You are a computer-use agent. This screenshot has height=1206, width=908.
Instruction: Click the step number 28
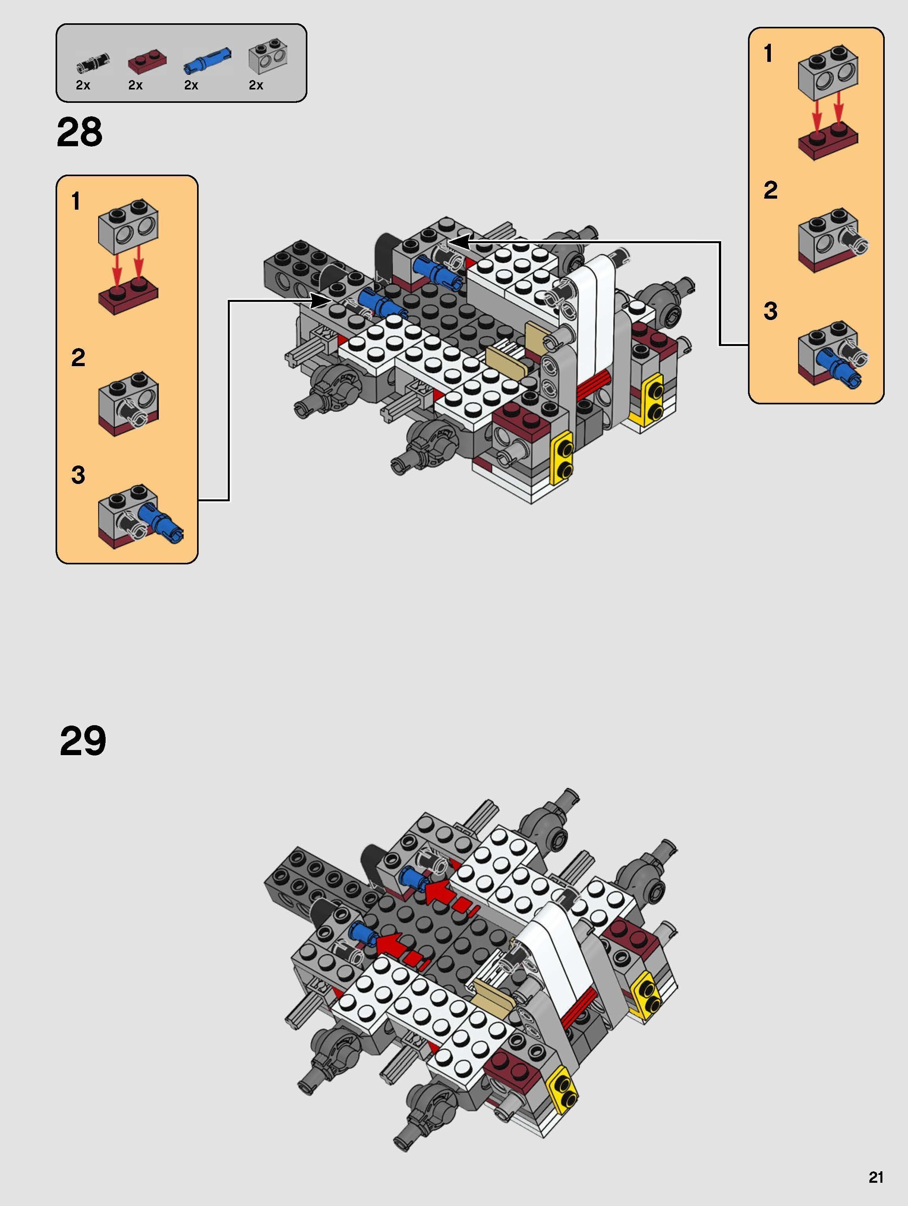point(80,132)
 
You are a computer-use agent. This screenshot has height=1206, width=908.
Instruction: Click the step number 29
point(82,741)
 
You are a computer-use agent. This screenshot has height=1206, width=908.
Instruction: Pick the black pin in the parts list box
point(93,63)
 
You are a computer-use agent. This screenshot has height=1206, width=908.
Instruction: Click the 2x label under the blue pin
point(191,85)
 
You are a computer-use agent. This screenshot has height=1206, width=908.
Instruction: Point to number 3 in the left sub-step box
point(78,475)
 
